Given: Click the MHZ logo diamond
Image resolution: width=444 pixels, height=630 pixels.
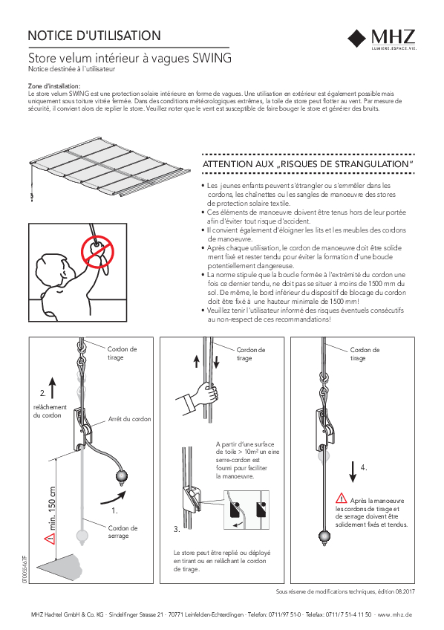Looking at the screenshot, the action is coord(356,38).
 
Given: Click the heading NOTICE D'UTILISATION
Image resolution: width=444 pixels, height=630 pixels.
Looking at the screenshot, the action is coord(94,36).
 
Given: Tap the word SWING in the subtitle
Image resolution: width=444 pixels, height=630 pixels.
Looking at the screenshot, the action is coord(212,58).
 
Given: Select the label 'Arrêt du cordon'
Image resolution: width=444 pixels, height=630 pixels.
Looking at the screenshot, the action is coord(129,419).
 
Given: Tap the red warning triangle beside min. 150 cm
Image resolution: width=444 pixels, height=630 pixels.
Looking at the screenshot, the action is coord(50,539).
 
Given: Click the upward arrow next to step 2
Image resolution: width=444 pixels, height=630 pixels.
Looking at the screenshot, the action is coord(53,388).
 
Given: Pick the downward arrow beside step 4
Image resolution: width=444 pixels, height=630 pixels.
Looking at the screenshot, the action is coord(353,472).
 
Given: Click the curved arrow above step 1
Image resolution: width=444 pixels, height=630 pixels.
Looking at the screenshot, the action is coord(113,497).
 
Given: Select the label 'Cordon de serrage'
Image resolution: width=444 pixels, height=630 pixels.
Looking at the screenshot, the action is coord(123,532).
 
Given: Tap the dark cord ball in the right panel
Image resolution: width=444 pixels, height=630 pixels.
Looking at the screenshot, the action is coord(324,536).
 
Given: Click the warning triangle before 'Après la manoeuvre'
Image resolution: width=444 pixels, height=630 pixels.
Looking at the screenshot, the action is coord(342,499).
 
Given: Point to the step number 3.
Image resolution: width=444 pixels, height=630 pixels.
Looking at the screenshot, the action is coord(177,529).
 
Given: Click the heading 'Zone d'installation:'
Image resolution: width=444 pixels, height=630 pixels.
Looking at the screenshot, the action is coord(54,86).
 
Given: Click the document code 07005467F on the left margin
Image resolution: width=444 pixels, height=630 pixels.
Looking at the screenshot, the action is coord(25,569).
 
